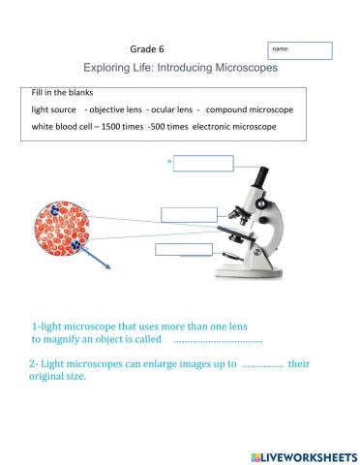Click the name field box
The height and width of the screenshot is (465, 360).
[x=300, y=50]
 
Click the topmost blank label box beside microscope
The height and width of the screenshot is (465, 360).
[x=203, y=163]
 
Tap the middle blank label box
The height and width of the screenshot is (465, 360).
[x=189, y=214]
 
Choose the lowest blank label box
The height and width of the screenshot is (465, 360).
[x=183, y=250]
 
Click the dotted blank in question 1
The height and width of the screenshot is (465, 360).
[x=218, y=341]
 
